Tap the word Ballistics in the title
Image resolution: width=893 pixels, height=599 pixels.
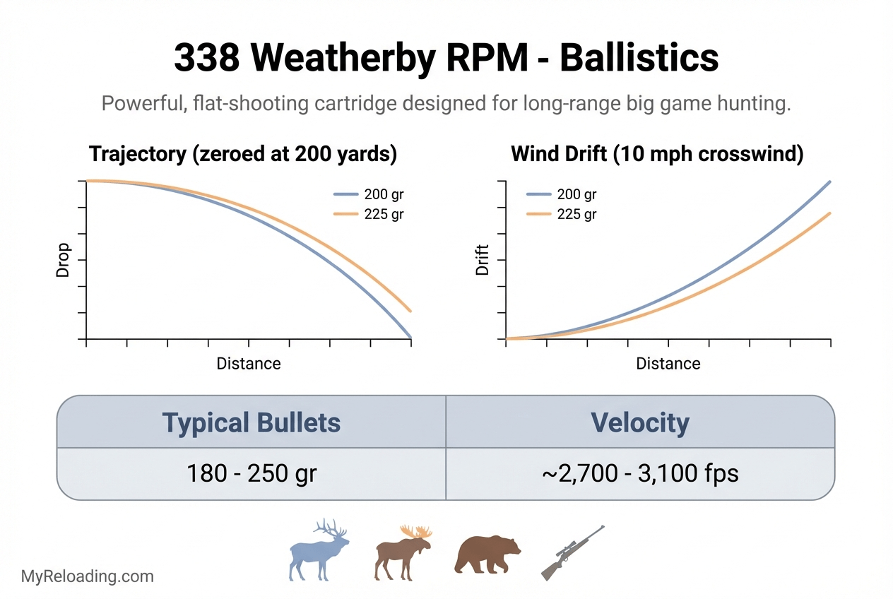point(639,59)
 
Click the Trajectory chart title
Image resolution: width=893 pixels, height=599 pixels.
point(242,154)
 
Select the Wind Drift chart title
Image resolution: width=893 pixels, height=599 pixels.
point(657,154)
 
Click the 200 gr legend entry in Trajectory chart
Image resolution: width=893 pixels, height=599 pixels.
point(368,195)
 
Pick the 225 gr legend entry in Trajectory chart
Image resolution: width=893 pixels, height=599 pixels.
point(368,214)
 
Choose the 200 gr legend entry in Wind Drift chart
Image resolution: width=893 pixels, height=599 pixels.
point(562,195)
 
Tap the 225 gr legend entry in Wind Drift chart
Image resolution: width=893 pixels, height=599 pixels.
point(562,214)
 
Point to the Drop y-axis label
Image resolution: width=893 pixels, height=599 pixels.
point(64,260)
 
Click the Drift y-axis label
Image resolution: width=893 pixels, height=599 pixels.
point(483,260)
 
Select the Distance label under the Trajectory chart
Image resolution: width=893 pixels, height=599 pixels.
point(248,364)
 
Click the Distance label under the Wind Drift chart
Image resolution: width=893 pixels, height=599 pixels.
point(668,364)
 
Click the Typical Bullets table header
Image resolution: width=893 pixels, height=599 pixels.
point(252,422)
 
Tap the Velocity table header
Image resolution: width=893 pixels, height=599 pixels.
point(639,422)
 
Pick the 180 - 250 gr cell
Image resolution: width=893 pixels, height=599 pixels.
point(252,473)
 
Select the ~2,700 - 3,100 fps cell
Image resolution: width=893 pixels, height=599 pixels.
point(639,473)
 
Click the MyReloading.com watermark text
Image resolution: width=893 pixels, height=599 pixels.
point(88,576)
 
